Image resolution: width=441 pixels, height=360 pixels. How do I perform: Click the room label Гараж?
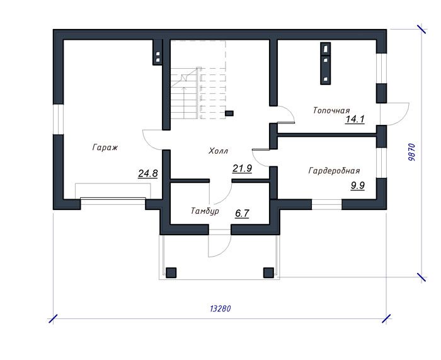(x=105, y=148)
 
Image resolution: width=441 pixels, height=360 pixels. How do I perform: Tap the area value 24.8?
(x=148, y=173)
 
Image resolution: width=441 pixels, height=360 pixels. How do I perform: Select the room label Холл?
(x=218, y=151)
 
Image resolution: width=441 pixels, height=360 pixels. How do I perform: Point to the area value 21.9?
(x=242, y=168)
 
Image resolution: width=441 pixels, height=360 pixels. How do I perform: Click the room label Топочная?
(x=331, y=110)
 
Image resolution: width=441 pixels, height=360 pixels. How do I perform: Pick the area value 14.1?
(x=355, y=119)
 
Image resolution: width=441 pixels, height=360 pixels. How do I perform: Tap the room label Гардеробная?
(x=334, y=171)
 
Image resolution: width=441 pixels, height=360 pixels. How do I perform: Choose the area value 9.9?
(x=357, y=186)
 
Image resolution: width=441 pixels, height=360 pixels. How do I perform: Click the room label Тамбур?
(x=205, y=211)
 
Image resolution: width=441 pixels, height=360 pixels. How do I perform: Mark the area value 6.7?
(x=242, y=214)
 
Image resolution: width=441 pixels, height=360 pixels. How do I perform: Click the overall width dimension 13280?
(x=220, y=309)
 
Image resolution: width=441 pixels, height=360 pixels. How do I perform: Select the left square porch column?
(x=171, y=272)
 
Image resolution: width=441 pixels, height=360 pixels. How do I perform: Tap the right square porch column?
(x=268, y=272)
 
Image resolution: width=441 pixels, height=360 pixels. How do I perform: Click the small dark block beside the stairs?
(x=229, y=113)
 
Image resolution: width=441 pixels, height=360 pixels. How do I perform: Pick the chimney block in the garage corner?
(x=157, y=52)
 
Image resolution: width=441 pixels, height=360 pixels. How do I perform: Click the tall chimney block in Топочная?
(x=326, y=64)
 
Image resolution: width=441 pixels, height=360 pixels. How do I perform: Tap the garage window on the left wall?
(x=59, y=119)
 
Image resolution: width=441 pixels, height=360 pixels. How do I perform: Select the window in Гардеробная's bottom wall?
(x=327, y=204)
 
